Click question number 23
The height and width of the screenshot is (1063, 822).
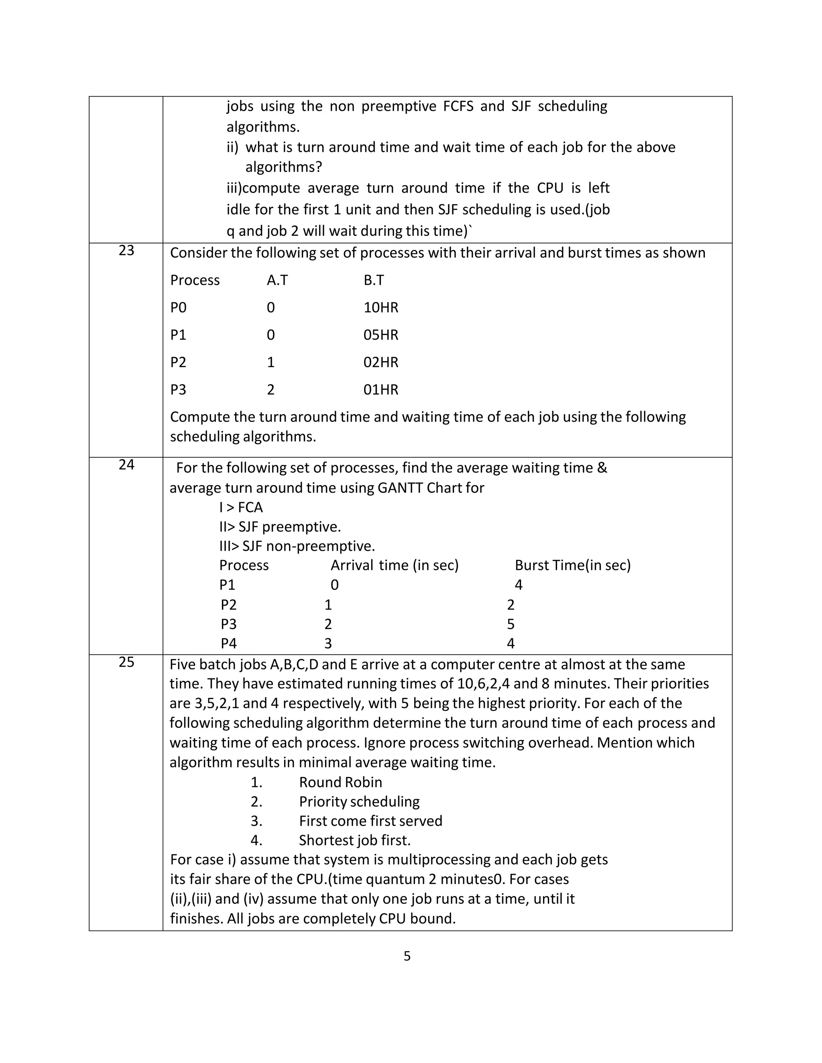(126, 251)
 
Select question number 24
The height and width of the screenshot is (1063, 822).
(126, 465)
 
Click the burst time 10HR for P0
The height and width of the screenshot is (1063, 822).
(381, 308)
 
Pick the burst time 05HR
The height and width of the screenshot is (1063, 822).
(381, 335)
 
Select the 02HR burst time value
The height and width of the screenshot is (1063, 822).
(381, 362)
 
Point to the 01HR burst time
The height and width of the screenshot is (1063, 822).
(381, 389)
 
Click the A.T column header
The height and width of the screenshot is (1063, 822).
(277, 280)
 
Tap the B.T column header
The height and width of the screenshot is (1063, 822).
(374, 280)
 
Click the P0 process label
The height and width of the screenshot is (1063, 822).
(178, 308)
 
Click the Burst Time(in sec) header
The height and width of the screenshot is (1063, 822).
(573, 565)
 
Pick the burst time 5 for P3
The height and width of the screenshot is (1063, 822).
(511, 624)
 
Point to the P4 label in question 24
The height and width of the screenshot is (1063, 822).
(228, 643)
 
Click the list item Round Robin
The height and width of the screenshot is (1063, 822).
(340, 782)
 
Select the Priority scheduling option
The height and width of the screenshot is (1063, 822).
(359, 801)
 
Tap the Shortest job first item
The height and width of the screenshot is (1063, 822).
(354, 840)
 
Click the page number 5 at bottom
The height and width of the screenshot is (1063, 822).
(407, 957)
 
